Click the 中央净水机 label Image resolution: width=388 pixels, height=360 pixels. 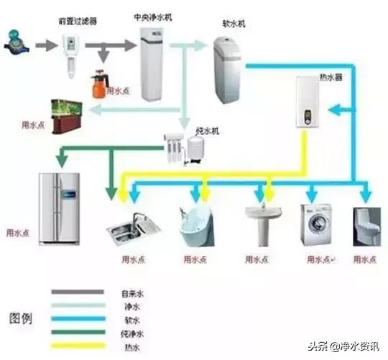click(152, 15)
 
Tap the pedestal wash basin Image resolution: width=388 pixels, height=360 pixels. click(262, 222)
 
